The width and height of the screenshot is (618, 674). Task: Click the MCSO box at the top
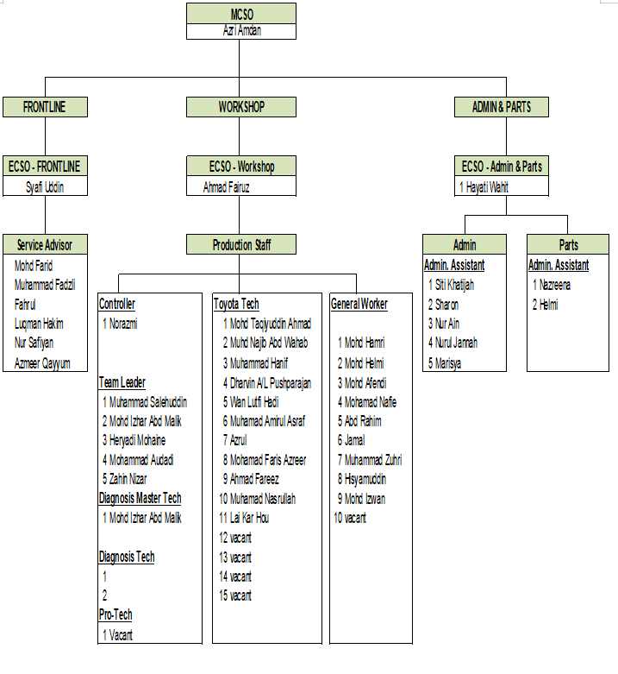click(241, 14)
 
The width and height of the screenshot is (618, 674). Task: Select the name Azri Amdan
click(241, 31)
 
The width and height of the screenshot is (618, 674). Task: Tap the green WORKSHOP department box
click(241, 107)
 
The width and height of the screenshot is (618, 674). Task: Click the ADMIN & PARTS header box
click(502, 107)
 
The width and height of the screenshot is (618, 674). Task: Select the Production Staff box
click(241, 245)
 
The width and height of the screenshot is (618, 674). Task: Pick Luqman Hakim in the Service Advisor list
click(39, 324)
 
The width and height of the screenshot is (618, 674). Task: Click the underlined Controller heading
click(117, 304)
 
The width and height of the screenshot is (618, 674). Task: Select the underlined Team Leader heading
click(122, 382)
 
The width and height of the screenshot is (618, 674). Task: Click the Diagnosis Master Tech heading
click(140, 498)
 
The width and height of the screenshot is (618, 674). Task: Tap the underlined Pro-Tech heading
click(115, 614)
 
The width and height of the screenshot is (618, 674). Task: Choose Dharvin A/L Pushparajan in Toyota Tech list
click(270, 382)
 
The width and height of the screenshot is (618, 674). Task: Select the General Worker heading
click(359, 304)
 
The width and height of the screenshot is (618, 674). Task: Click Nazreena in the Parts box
click(555, 285)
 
